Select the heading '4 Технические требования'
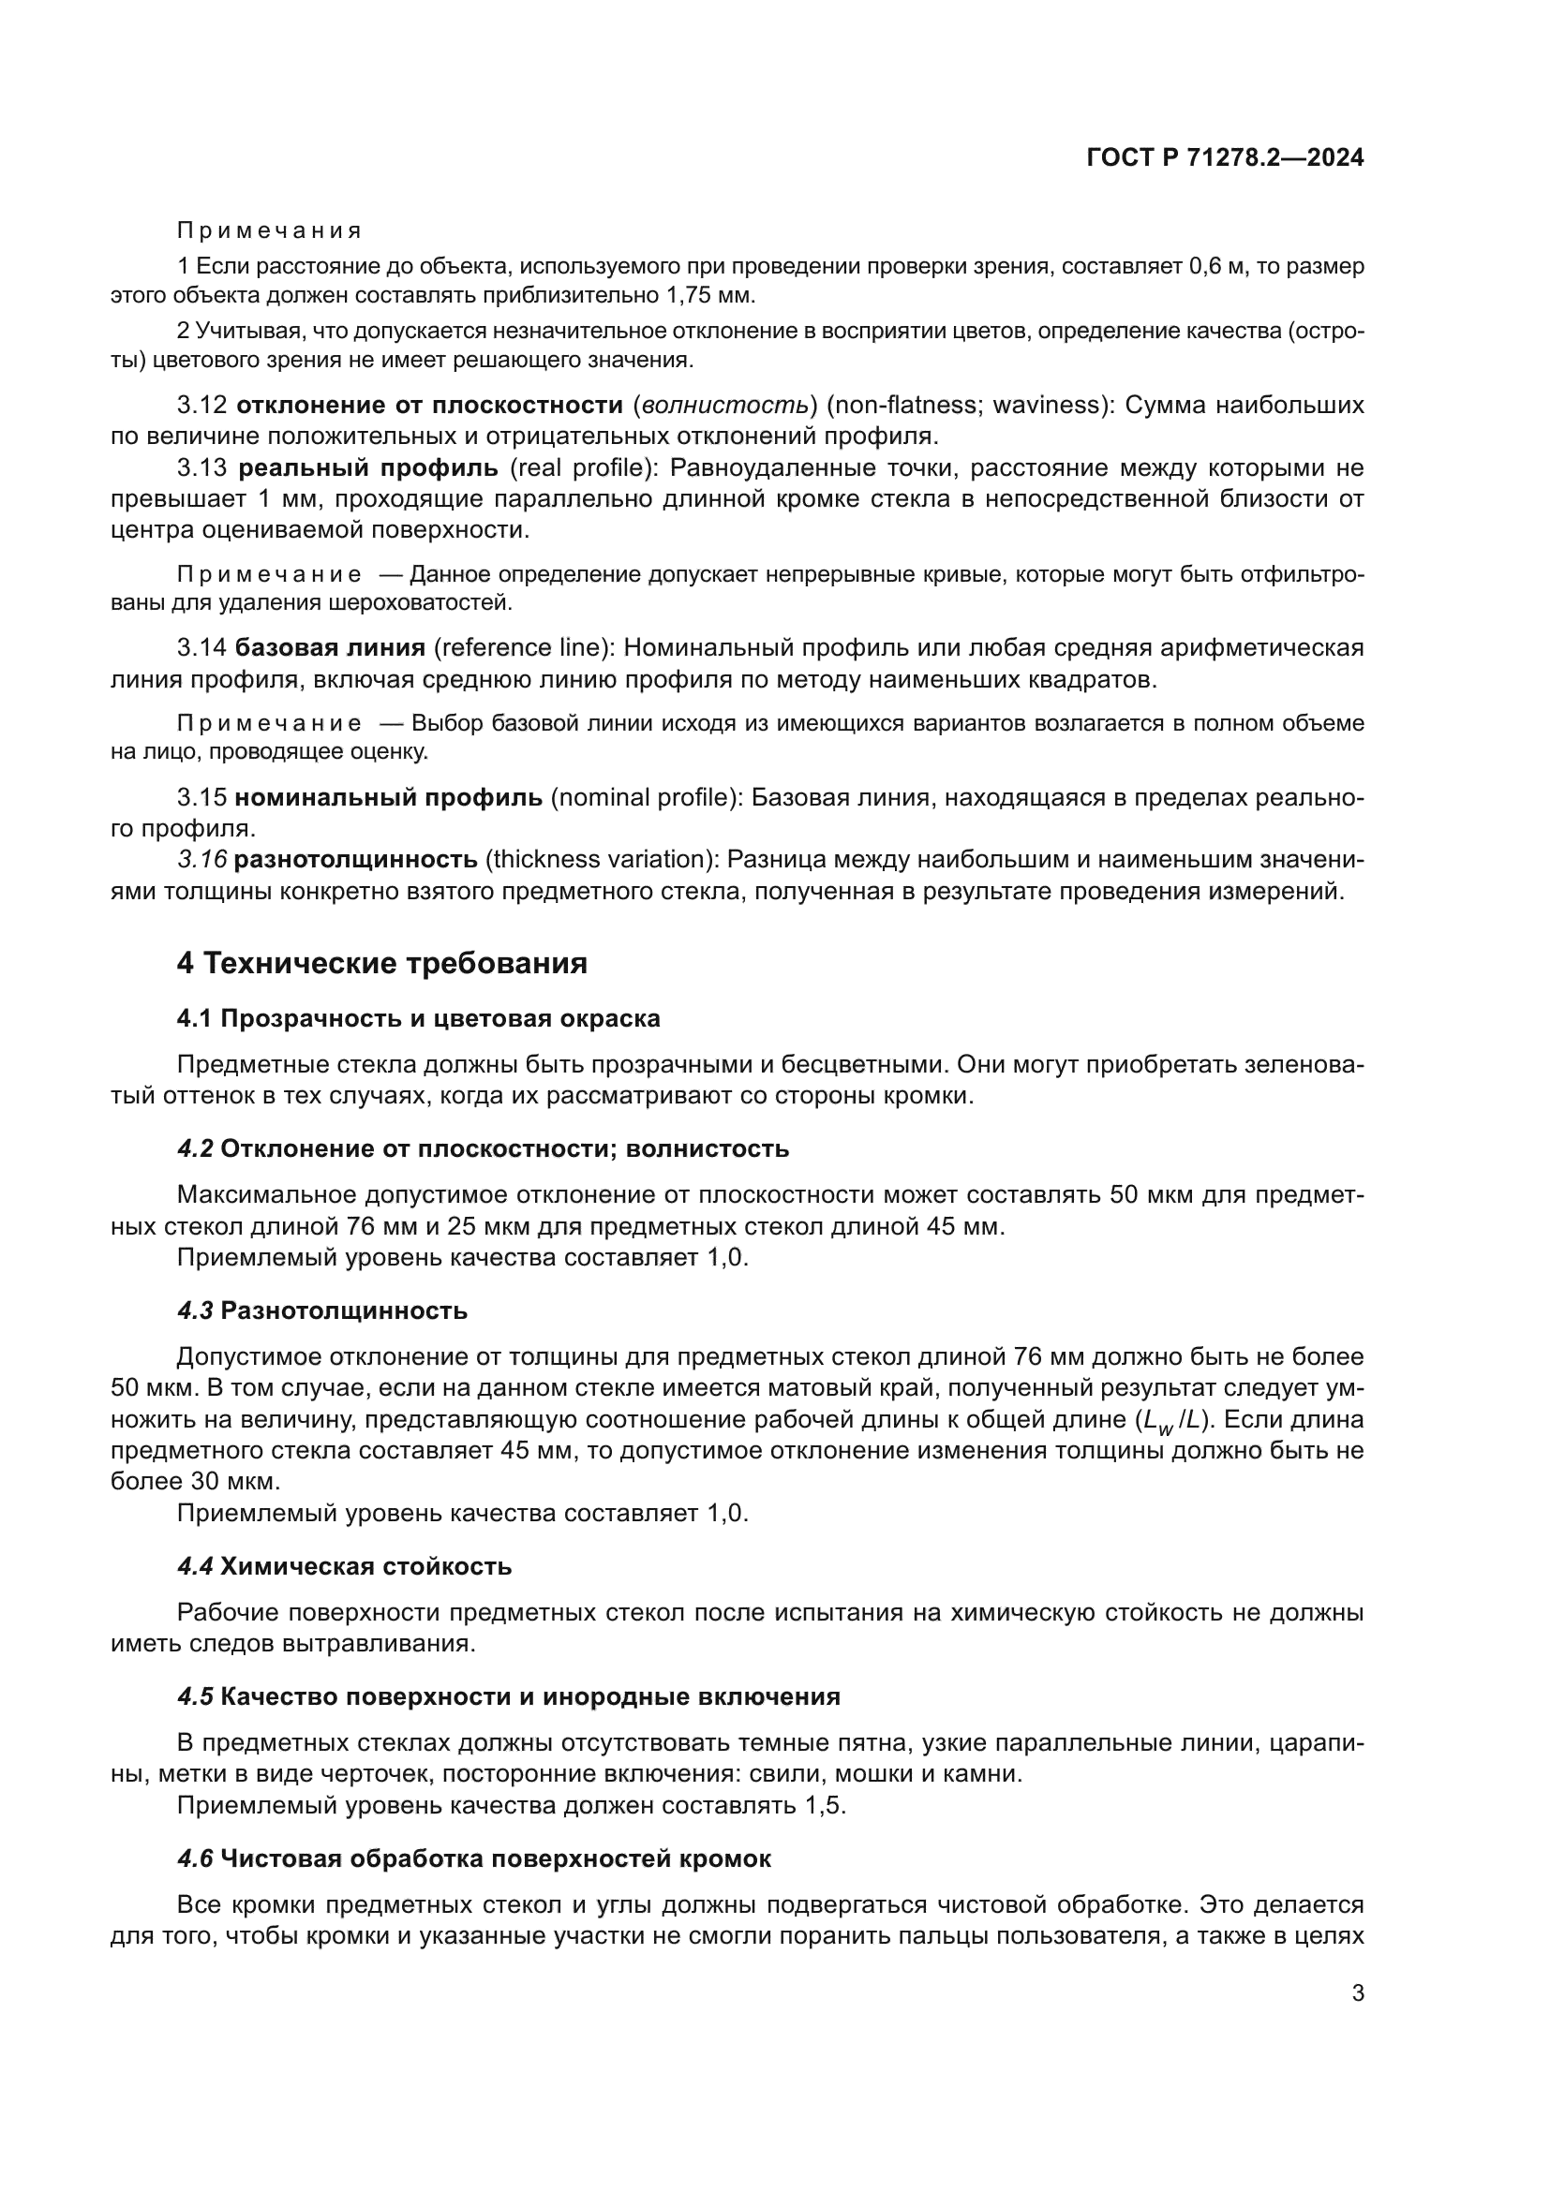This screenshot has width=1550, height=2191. click(381, 964)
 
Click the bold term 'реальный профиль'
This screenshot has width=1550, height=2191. click(367, 467)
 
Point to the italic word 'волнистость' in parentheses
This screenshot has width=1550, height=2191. click(724, 406)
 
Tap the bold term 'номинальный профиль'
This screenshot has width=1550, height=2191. click(389, 798)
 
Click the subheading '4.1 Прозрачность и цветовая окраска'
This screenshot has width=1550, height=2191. click(418, 1019)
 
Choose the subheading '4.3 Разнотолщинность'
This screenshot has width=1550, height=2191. click(322, 1311)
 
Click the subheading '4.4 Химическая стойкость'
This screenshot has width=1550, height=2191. click(345, 1567)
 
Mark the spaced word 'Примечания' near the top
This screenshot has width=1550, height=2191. click(270, 231)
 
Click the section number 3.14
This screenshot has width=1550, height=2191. click(201, 648)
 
